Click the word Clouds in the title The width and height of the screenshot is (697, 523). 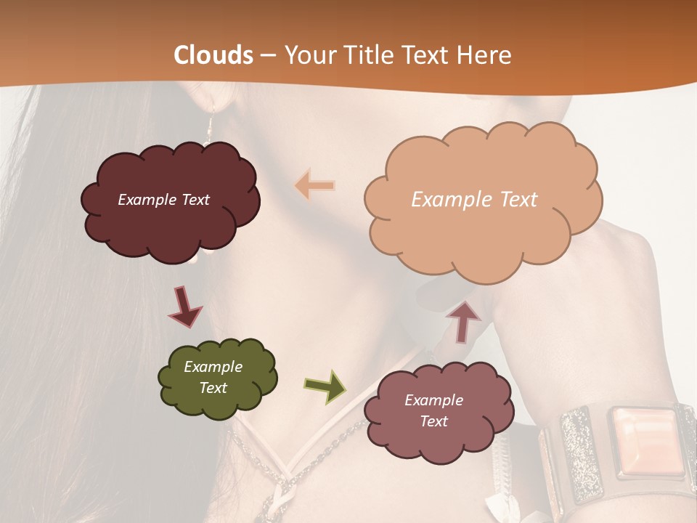tap(214, 55)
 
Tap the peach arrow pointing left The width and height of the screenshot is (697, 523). tap(315, 185)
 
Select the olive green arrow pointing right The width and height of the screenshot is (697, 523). tap(325, 386)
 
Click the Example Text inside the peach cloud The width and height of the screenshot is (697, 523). tap(474, 200)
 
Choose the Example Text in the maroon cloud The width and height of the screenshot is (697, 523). tap(163, 200)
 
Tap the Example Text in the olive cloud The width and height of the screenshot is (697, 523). tap(213, 377)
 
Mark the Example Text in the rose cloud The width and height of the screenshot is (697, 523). tap(433, 410)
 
